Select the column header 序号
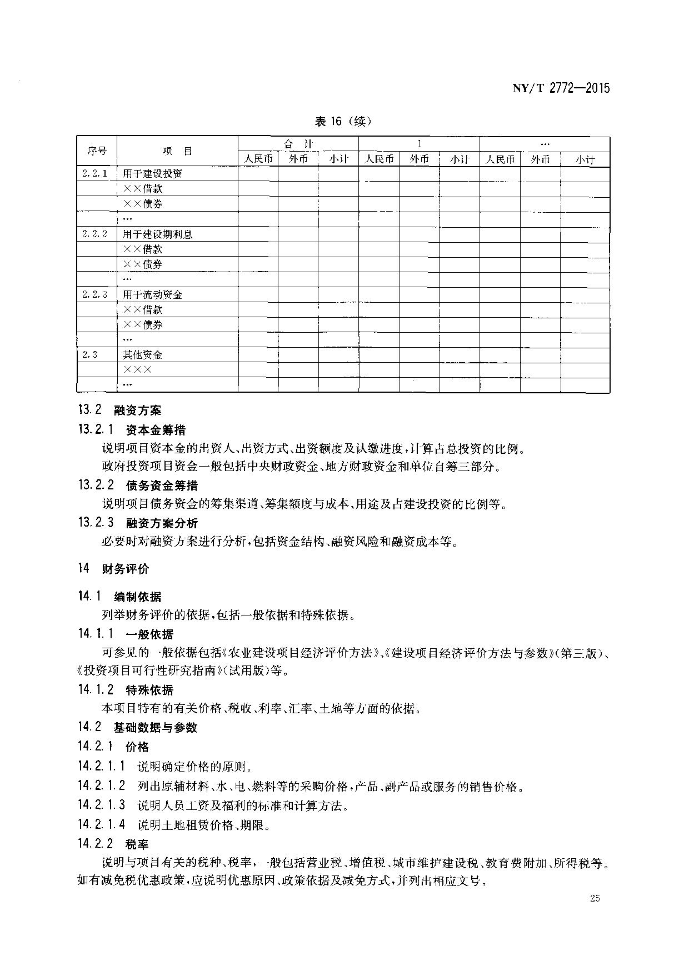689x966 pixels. (x=97, y=151)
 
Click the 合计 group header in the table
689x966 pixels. (x=298, y=144)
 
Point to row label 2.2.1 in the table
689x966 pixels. (x=94, y=173)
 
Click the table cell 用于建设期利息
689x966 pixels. (x=157, y=234)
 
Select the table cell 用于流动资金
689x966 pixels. (x=152, y=294)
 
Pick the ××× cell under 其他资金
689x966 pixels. (x=137, y=369)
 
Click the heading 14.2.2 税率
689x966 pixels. (x=113, y=844)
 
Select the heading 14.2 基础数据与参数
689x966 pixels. (x=137, y=727)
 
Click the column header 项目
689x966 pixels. (x=177, y=151)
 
